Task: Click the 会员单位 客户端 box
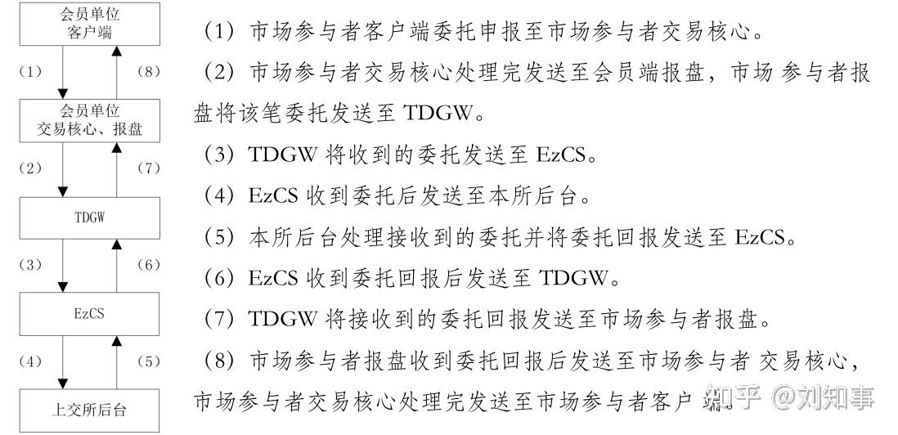[90, 24]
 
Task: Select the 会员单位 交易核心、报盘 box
[90, 120]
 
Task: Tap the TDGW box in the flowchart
[90, 217]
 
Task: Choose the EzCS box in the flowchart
[90, 314]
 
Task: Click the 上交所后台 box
[90, 410]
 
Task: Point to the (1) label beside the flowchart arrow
[30, 72]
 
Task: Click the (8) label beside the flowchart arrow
[148, 72]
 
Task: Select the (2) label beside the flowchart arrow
[30, 168]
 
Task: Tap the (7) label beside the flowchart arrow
[148, 168]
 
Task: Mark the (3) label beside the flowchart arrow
[30, 266]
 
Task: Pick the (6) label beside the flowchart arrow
[148, 266]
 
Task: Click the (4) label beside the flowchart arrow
[30, 362]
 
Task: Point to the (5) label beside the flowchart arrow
[148, 362]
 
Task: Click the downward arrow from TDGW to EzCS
[63, 266]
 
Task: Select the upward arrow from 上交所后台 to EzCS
[117, 362]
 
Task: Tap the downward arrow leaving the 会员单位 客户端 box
[63, 72]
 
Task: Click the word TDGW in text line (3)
[282, 155]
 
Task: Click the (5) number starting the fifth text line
[217, 237]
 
